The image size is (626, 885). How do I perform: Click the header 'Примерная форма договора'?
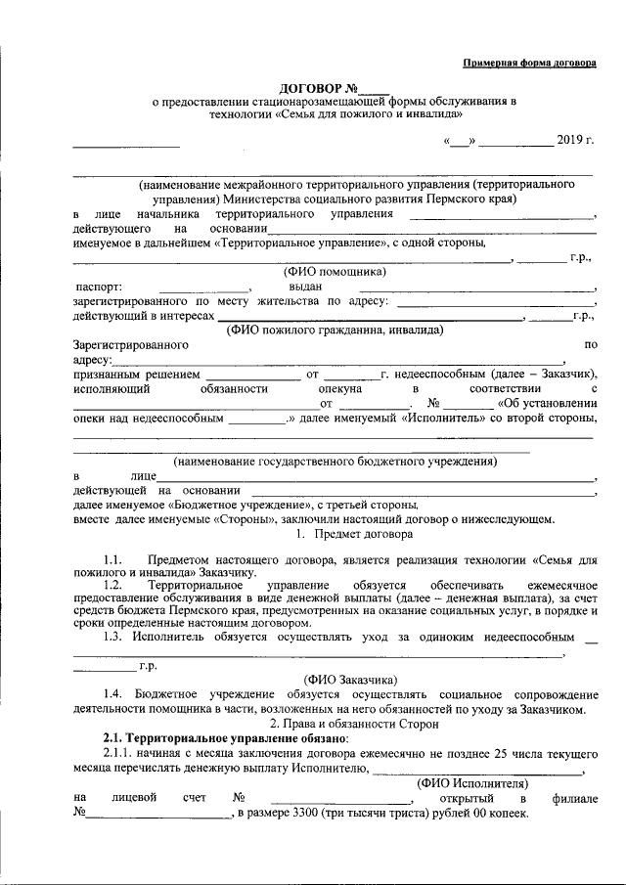(x=528, y=63)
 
